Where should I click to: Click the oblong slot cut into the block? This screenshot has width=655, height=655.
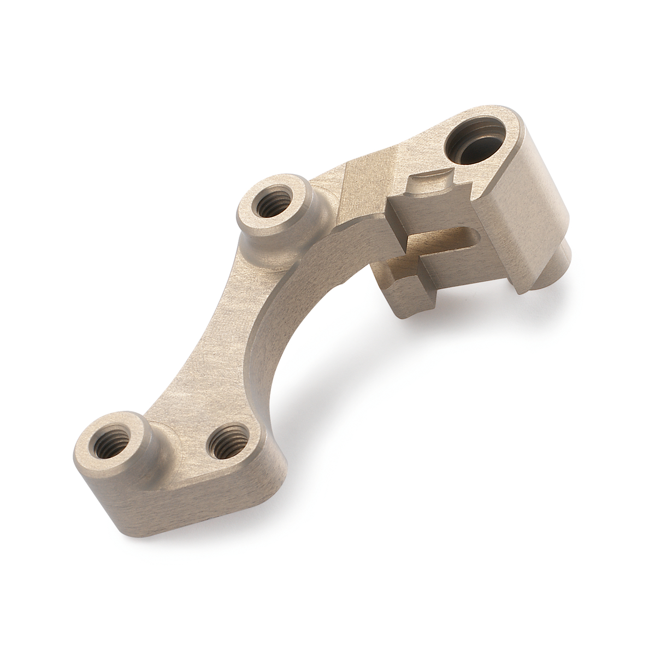[448, 238]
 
